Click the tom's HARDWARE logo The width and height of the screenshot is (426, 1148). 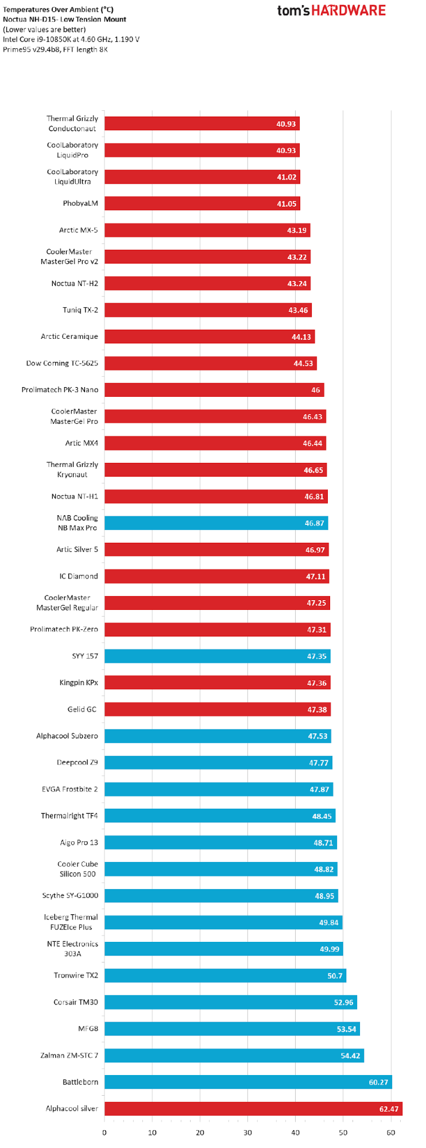tap(331, 10)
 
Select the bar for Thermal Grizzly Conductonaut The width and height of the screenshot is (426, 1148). tap(201, 123)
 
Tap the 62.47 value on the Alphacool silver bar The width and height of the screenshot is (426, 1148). tap(389, 1109)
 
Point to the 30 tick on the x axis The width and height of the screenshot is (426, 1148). tap(247, 1132)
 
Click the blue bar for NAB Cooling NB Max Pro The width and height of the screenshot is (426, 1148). tap(216, 523)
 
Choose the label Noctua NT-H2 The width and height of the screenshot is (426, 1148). tap(75, 284)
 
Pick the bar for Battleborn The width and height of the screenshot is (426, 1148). tap(247, 1082)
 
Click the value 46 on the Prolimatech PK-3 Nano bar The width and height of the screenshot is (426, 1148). tap(315, 390)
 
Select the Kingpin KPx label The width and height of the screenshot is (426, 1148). tap(79, 683)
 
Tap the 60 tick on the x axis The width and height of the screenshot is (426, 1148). tap(390, 1132)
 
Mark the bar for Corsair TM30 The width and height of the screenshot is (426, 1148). tap(230, 1002)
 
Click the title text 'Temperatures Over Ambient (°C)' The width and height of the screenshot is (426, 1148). tap(58, 10)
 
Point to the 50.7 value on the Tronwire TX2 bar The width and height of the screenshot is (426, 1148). tap(335, 976)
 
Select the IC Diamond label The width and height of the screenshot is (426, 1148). tap(79, 576)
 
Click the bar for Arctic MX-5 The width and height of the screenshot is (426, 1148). tap(207, 230)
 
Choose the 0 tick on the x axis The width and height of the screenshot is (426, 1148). tap(104, 1132)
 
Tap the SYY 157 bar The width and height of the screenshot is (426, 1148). tap(217, 656)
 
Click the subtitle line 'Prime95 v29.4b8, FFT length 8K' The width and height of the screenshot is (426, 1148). tap(55, 49)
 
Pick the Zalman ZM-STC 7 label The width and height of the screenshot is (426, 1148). tap(69, 1056)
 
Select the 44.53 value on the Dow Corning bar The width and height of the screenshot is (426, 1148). tap(303, 364)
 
